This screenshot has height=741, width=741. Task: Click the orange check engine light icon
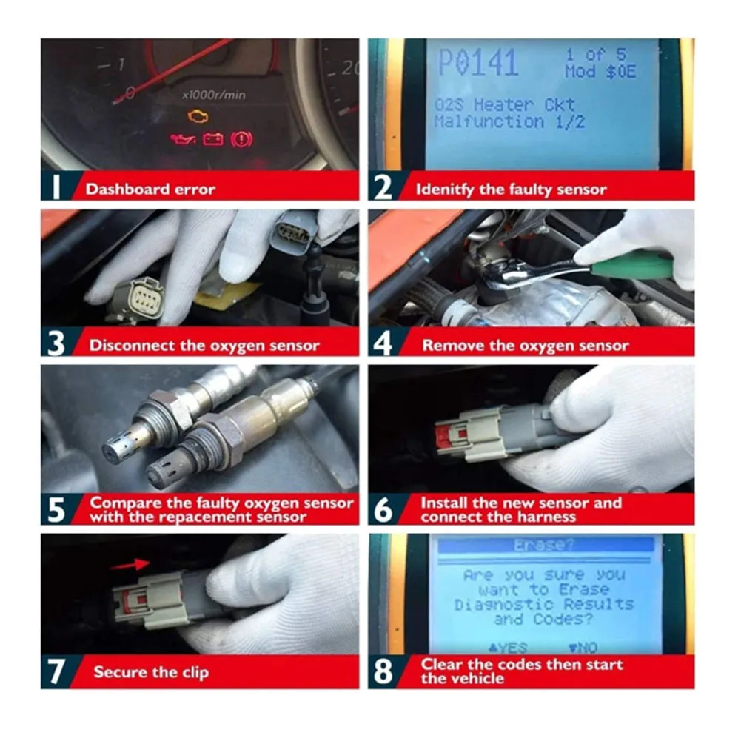coord(197,116)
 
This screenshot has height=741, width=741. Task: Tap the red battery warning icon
coord(213,139)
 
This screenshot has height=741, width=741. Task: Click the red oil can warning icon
coord(182,139)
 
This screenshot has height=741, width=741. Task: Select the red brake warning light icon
coord(241,139)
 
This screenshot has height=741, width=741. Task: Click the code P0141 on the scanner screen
coord(477,64)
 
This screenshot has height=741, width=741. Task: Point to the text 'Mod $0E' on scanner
coord(600,73)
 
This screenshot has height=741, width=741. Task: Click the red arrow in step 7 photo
coord(130,566)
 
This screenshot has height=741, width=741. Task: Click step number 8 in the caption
coord(383,671)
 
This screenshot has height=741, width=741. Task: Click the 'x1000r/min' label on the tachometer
coord(214,95)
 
